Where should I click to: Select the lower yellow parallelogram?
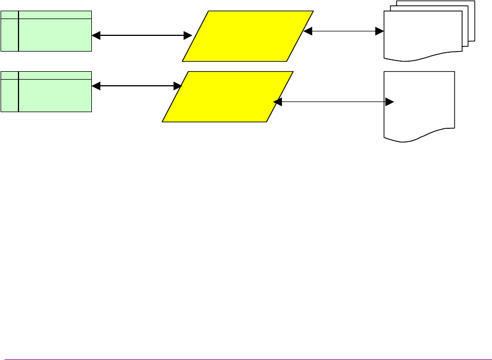click(228, 96)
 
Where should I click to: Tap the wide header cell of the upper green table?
click(55, 14)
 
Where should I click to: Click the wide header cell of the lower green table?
click(55, 75)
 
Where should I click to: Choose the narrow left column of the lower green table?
click(10, 95)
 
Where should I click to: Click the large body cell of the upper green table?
click(55, 35)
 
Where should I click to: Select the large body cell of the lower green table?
click(55, 95)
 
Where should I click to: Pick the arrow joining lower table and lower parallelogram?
click(137, 86)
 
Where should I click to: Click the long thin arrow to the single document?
click(334, 102)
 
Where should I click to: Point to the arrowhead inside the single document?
click(391, 102)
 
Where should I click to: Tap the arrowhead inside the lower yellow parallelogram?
click(277, 102)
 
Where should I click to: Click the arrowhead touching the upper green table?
click(96, 35)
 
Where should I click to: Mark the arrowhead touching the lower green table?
click(96, 86)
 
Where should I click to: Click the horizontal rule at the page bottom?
click(247, 359)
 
